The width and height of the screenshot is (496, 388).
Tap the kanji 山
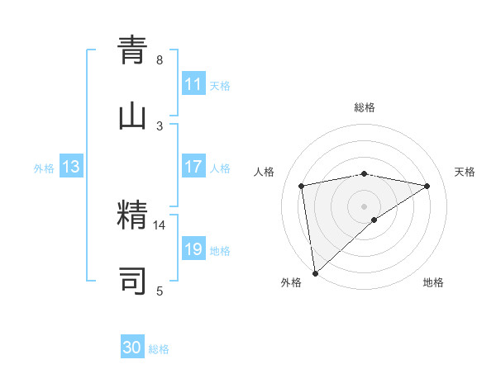(132, 117)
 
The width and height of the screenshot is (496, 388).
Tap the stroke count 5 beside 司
(160, 291)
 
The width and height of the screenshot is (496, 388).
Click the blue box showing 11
(193, 84)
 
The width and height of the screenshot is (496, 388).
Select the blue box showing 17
(193, 167)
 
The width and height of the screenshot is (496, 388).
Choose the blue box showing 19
(193, 249)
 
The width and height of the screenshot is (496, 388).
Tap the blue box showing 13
(71, 167)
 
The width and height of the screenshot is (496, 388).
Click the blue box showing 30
(132, 348)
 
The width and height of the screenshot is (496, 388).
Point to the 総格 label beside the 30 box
(160, 349)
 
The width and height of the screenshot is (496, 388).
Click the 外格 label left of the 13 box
(44, 168)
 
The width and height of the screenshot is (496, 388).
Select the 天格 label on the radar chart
(465, 172)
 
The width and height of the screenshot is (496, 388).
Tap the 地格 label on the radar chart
(433, 282)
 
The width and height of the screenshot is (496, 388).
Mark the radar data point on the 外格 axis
(315, 272)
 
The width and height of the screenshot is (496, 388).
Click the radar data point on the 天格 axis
(427, 186)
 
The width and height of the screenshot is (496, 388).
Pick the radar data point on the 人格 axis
(302, 185)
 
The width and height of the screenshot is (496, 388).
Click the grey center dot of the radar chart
(365, 206)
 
